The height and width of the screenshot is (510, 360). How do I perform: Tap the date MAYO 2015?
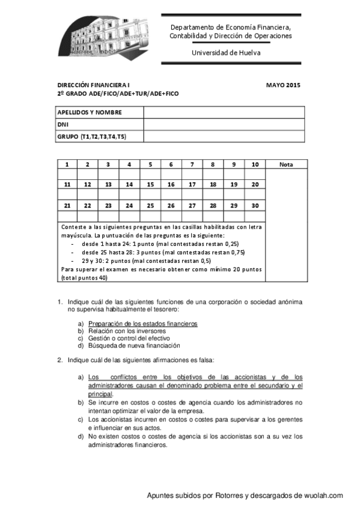pos(282,85)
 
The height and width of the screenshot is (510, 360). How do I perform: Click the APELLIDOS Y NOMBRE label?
pos(90,112)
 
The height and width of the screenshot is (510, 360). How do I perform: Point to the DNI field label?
pos(63,124)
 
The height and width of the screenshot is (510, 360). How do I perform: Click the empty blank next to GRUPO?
pos(224,137)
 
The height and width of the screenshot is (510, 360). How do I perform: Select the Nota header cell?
pos(286,164)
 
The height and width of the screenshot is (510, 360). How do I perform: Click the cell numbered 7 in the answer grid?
pos(192,164)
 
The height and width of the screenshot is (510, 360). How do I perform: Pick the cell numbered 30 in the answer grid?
pos(255,206)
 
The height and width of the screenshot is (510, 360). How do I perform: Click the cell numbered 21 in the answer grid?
pos(67,206)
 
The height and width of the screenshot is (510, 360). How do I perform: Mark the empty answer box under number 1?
pos(67,174)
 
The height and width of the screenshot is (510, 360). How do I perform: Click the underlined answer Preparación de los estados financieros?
pos(142,324)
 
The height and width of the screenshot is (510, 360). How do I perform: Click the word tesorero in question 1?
pos(166,309)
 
